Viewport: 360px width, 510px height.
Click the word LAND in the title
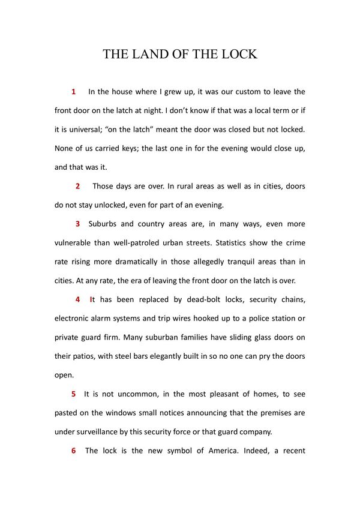pos(147,55)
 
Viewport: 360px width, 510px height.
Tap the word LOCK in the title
pos(238,55)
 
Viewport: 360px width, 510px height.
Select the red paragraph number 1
pos(73,92)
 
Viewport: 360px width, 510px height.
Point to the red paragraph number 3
pos(77,224)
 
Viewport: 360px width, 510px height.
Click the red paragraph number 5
pos(73,394)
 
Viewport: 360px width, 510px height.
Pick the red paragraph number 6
pos(73,451)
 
